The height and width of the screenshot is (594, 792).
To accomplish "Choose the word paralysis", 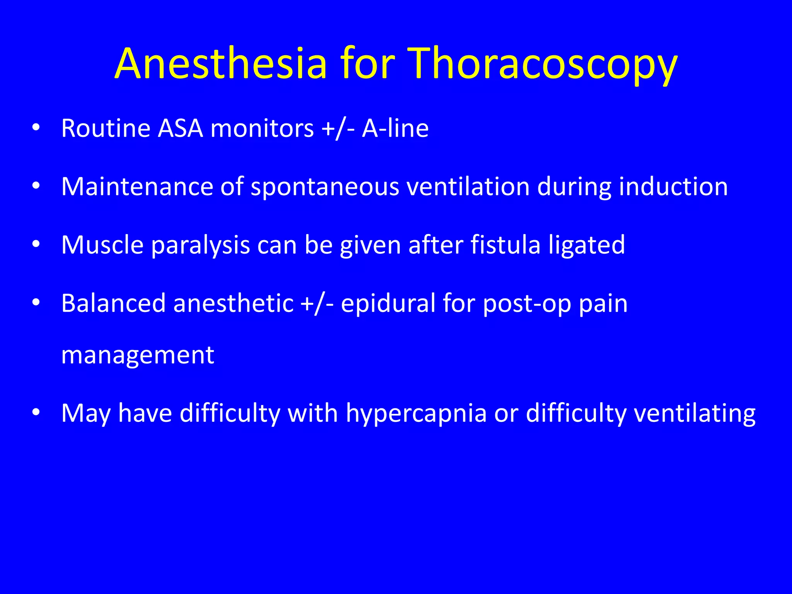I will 200,246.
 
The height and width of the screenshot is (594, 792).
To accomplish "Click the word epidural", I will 388,304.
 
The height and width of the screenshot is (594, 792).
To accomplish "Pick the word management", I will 138,355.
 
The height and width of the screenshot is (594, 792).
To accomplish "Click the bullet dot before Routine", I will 36,128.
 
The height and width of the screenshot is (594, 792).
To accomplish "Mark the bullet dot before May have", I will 36,413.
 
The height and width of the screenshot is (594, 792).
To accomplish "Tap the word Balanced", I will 114,303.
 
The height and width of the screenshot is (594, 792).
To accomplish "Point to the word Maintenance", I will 137,186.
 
